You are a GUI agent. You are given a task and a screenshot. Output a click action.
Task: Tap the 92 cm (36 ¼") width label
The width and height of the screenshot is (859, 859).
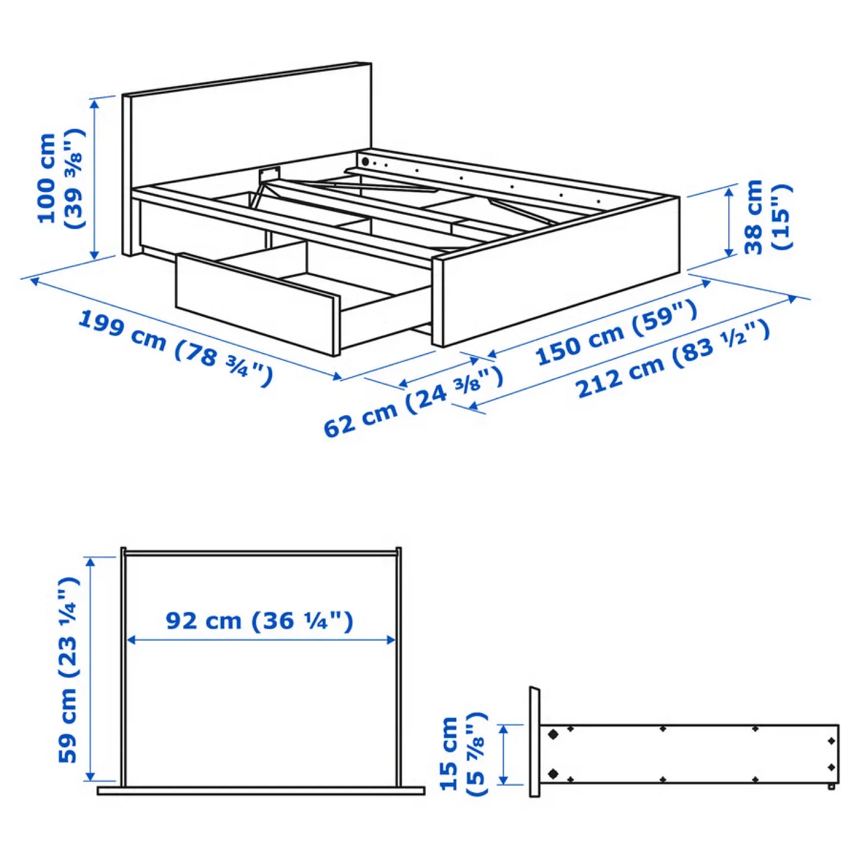[x=259, y=621]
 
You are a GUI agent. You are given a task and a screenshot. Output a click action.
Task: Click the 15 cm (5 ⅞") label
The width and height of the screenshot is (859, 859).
[x=462, y=755]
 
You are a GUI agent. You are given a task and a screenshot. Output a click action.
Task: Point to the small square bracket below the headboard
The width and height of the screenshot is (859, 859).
[x=269, y=174]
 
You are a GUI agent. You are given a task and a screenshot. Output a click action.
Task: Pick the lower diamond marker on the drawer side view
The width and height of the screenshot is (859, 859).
[x=553, y=774]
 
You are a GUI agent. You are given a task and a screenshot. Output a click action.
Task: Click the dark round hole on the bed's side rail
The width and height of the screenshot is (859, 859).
[x=365, y=162]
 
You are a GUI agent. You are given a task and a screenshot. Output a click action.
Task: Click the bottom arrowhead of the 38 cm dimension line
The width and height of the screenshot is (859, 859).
[x=729, y=253]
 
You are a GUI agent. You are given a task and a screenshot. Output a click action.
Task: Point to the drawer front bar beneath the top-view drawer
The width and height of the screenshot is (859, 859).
[x=261, y=791]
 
